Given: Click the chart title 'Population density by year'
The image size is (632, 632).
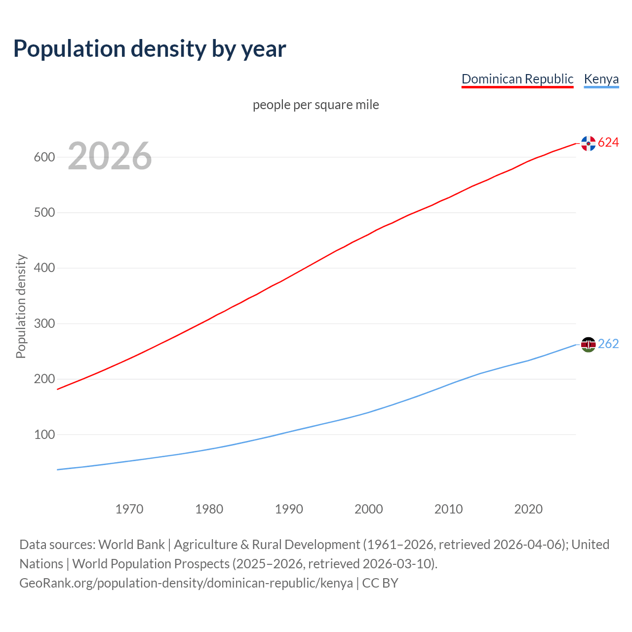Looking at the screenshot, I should point(150,48).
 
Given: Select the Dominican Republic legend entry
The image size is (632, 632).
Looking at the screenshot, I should point(517,79).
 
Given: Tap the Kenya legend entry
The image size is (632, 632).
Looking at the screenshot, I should point(601,79).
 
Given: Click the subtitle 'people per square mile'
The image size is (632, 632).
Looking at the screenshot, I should point(316,105).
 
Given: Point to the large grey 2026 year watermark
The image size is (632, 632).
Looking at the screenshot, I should point(110,156).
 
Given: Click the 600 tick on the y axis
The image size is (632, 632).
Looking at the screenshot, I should point(44,158).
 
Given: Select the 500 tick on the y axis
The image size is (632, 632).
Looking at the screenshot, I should point(44,213).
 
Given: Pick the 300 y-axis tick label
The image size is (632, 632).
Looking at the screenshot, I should point(44,324).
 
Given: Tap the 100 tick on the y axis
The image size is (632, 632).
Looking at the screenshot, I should point(44,435).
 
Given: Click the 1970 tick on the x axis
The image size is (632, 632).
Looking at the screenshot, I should point(129,509).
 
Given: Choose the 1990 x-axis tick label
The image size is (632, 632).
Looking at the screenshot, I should point(289,509).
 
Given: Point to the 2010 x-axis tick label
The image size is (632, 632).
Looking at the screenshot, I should point(448,509).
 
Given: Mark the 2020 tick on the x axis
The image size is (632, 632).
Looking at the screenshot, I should point(528,509).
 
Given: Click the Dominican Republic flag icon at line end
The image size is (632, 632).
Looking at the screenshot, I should point(588,143).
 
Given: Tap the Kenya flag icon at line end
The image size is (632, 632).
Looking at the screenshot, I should point(588,344).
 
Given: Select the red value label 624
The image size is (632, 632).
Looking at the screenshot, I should point(608,143).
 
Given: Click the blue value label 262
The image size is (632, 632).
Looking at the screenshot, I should point(608,344).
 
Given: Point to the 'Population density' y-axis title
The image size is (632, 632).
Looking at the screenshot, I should point(21,306).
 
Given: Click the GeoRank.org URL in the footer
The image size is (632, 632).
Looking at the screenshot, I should point(186,583).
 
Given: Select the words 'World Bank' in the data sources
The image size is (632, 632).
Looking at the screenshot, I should point(131,545).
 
